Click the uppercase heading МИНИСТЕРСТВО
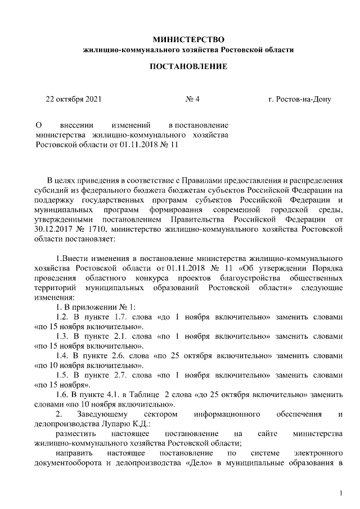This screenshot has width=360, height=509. coord(188,39)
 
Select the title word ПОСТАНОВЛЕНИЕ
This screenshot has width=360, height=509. coord(188,67)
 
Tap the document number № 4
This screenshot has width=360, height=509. coord(192,100)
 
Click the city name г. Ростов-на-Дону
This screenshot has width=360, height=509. coord(300,100)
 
